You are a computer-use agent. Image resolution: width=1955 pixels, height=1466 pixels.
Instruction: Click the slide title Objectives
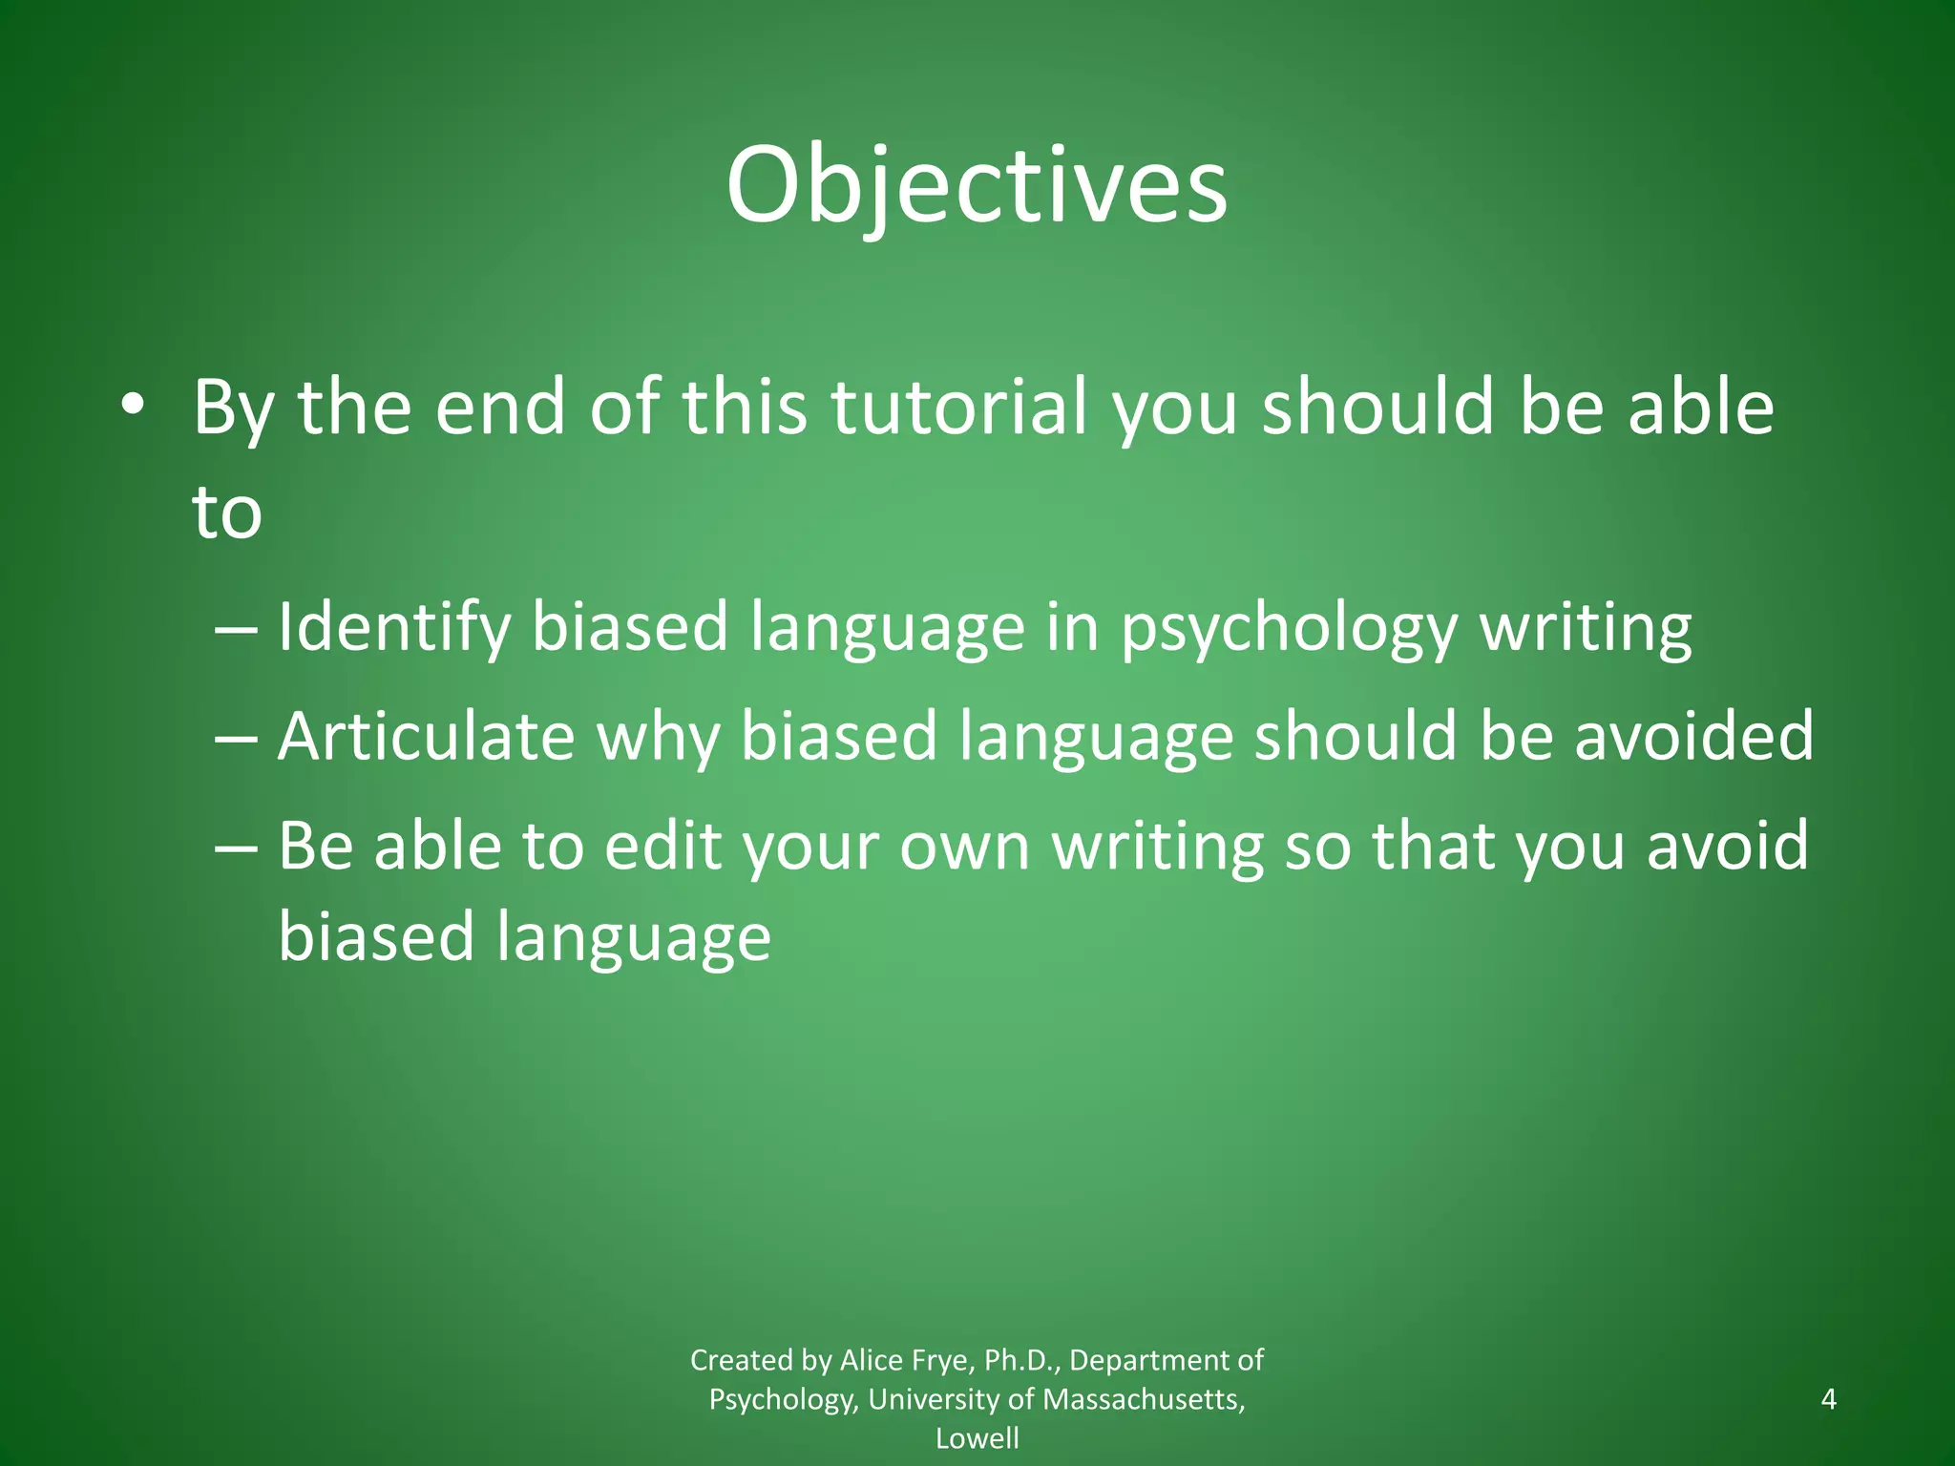tap(977, 186)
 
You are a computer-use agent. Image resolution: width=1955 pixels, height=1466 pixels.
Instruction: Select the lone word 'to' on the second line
tap(227, 513)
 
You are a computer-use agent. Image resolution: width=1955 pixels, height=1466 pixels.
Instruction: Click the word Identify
tap(393, 628)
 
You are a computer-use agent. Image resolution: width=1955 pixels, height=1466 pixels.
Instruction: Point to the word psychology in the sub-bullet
tap(1289, 628)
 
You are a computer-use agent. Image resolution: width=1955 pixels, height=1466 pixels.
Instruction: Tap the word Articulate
tap(426, 736)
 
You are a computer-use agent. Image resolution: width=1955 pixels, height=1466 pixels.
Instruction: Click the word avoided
tap(1693, 736)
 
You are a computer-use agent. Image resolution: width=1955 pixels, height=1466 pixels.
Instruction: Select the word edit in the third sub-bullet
tap(662, 846)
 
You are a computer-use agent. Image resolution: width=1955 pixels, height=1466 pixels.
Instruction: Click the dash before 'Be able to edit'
tap(236, 847)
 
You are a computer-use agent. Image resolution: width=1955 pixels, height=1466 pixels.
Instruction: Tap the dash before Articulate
tap(236, 737)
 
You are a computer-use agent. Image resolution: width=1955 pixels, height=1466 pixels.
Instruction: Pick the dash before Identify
tap(236, 629)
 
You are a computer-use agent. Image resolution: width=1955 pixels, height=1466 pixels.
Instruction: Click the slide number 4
tap(1828, 1399)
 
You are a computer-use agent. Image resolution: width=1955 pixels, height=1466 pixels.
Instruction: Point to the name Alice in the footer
tap(869, 1360)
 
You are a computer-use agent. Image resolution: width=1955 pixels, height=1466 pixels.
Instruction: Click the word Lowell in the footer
tap(977, 1438)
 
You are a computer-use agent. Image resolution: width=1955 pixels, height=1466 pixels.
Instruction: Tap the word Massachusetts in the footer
tap(1142, 1399)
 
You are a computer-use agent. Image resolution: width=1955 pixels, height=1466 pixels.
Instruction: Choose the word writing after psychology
tap(1585, 628)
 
